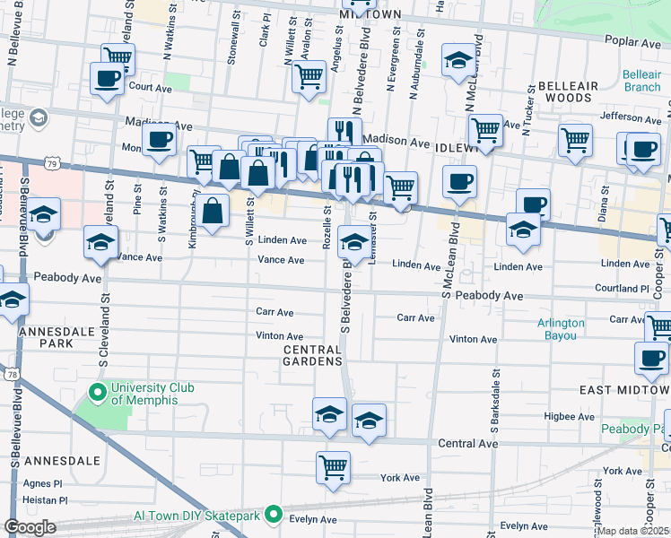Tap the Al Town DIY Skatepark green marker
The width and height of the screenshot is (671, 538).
click(x=274, y=516)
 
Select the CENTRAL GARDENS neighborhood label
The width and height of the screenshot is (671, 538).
click(x=313, y=354)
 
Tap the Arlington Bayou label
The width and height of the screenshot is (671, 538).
click(x=561, y=329)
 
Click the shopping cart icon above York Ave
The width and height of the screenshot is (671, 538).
click(x=333, y=466)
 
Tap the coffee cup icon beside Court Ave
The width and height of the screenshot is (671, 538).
click(x=107, y=78)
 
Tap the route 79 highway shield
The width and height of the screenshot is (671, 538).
click(x=54, y=165)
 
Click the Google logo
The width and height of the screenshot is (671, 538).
click(x=30, y=526)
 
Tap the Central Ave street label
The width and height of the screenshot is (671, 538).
click(x=467, y=444)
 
